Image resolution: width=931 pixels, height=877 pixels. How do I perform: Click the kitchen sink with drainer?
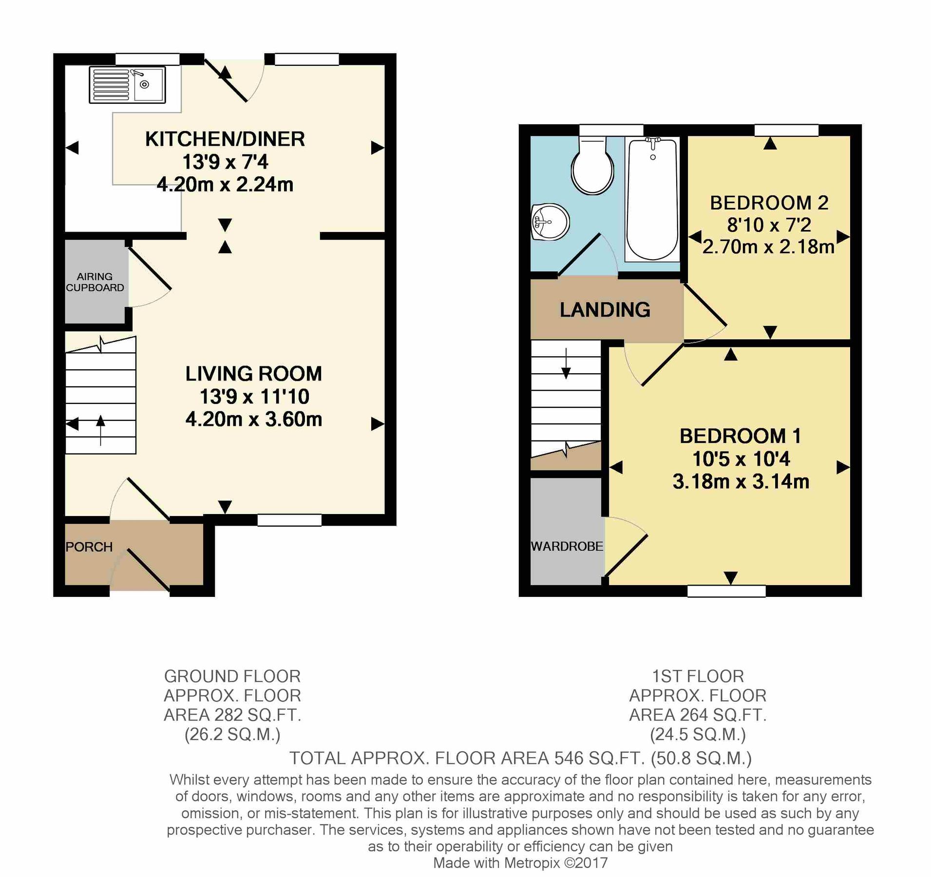[x=127, y=85]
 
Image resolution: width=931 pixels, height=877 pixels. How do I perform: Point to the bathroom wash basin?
[x=551, y=223]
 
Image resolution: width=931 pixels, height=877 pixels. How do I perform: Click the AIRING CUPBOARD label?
[x=95, y=282]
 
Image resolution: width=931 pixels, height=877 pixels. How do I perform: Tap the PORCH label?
[x=89, y=547]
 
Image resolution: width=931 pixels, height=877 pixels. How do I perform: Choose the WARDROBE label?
[x=567, y=546]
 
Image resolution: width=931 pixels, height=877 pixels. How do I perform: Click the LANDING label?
[x=605, y=310]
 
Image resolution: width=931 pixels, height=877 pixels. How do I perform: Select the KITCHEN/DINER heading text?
[x=225, y=139]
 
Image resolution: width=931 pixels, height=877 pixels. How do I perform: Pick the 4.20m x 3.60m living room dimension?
[x=253, y=419]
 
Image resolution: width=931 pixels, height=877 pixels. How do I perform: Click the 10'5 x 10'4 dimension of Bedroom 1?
[x=741, y=458]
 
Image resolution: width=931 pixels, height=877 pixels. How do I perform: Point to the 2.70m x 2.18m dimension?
[x=768, y=247]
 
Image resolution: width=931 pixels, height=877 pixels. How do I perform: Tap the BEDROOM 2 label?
[x=769, y=203]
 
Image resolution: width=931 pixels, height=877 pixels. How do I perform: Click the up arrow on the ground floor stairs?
[x=100, y=429]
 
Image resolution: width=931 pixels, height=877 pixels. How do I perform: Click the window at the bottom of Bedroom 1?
[x=726, y=591]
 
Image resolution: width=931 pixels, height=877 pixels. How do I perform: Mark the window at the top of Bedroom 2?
[x=786, y=130]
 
